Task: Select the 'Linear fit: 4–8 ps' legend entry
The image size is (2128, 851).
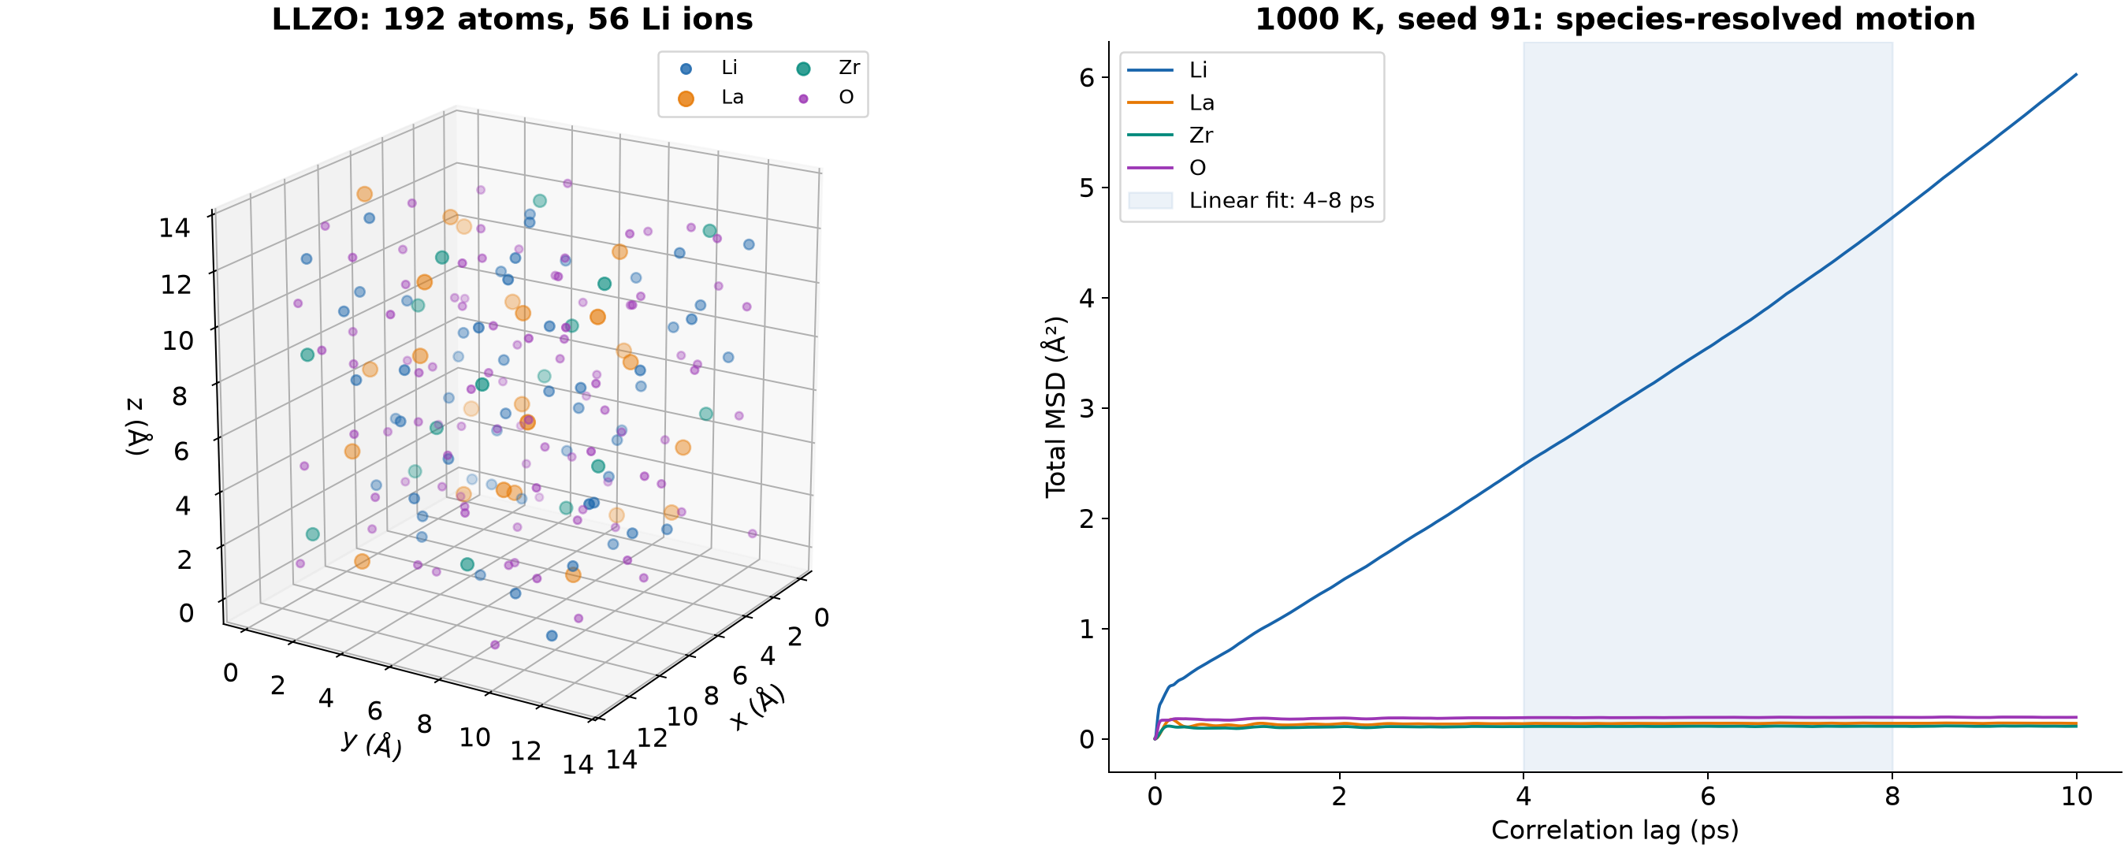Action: pos(1252,201)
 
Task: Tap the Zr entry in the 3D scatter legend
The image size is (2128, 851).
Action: pos(828,68)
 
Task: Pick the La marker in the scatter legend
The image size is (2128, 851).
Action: pos(686,98)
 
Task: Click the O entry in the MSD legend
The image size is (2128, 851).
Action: pos(1167,168)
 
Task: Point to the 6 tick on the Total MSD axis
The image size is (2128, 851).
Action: pos(1086,78)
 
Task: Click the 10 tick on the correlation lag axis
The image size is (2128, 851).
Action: pos(2077,797)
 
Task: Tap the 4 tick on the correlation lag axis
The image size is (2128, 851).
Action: pos(1523,797)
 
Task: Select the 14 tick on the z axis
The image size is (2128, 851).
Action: pos(174,227)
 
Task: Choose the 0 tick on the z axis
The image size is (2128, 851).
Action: pos(187,613)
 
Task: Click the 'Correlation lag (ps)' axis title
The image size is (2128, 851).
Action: pos(1615,831)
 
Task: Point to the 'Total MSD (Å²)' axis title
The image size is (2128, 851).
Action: pos(1056,407)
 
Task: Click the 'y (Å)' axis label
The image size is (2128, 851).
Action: pos(373,744)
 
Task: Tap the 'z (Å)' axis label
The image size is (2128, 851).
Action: pos(137,426)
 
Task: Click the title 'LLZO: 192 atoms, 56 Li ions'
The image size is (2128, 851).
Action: pos(512,19)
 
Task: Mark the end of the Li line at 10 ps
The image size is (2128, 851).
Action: pos(2077,74)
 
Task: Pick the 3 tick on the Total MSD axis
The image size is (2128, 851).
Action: pos(1086,408)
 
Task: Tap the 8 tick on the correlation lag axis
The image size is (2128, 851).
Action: pos(1892,797)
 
